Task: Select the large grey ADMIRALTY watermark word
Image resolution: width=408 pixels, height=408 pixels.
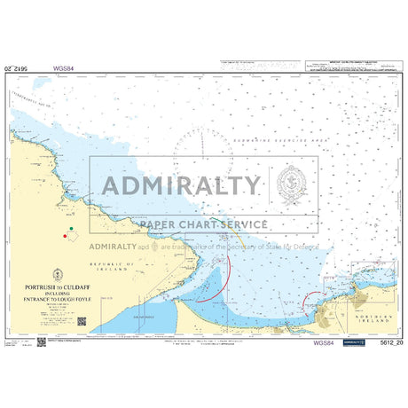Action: pos(182,186)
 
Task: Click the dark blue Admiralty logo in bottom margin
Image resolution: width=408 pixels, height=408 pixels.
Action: pos(352,341)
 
